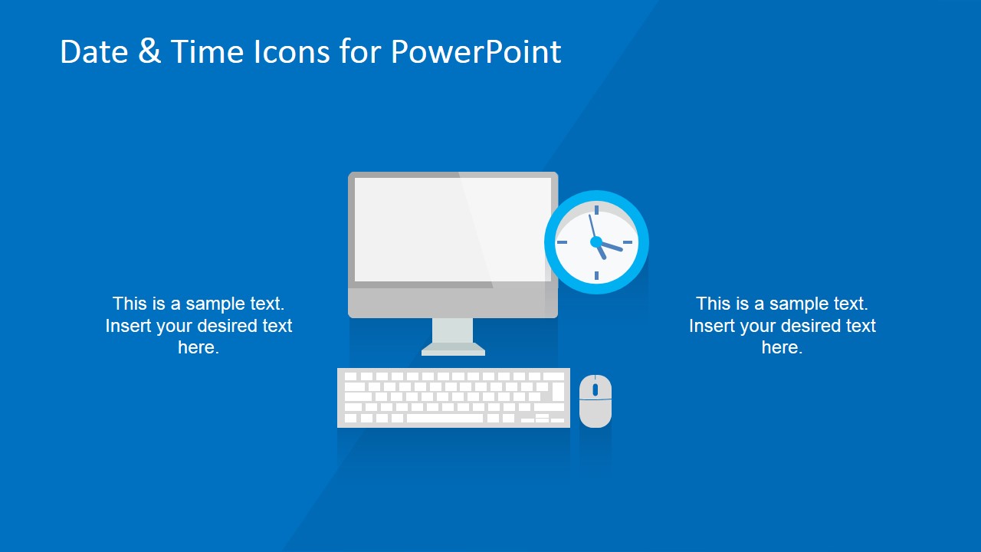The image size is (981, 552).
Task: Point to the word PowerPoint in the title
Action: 476,52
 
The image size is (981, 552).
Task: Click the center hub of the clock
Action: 596,242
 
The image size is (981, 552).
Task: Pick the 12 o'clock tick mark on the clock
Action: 596,209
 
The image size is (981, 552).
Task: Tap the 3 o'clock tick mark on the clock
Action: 628,242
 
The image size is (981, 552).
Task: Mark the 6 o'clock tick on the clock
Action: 596,274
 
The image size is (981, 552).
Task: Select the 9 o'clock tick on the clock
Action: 563,242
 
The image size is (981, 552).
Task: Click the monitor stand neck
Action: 453,330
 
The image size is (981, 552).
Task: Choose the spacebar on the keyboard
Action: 445,419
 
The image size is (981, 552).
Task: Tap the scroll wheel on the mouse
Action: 595,389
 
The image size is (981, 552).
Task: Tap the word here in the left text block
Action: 198,348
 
